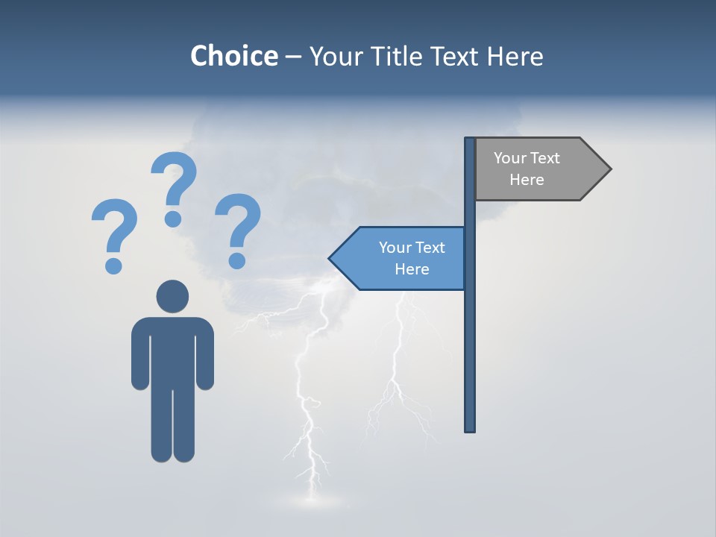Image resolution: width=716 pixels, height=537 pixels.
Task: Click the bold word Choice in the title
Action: (233, 56)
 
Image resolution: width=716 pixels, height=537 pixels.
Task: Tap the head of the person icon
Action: (172, 296)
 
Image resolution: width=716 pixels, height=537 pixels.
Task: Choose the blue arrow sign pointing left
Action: (399, 258)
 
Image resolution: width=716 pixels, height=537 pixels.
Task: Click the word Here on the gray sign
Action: (527, 180)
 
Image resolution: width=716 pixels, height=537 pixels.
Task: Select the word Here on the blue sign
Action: (412, 269)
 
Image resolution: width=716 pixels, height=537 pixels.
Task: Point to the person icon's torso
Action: (172, 351)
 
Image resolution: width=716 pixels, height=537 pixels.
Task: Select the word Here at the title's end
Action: (515, 56)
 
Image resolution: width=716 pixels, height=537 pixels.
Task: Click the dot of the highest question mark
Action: (173, 219)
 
